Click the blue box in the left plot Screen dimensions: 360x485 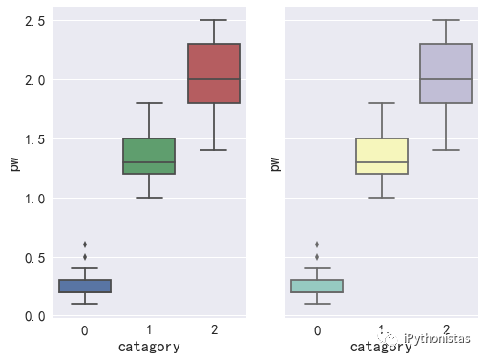pyautogui.click(x=84, y=286)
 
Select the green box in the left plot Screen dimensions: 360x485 pyautogui.click(x=149, y=156)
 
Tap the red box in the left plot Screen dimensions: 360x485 pyautogui.click(x=213, y=74)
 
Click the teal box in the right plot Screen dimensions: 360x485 pyautogui.click(x=317, y=286)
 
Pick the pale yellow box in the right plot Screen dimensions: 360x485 pyautogui.click(x=382, y=156)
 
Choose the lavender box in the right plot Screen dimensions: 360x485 pyautogui.click(x=446, y=74)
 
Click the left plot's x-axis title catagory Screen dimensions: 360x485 pyautogui.click(x=149, y=348)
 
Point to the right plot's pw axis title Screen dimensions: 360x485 pyautogui.click(x=275, y=164)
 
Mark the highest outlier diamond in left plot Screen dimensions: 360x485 pyautogui.click(x=84, y=244)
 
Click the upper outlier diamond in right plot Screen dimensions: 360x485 pyautogui.click(x=317, y=244)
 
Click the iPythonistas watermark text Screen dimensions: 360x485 pyautogui.click(x=436, y=339)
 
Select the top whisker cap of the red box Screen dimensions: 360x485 pyautogui.click(x=213, y=20)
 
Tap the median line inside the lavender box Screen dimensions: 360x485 pyautogui.click(x=446, y=79)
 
